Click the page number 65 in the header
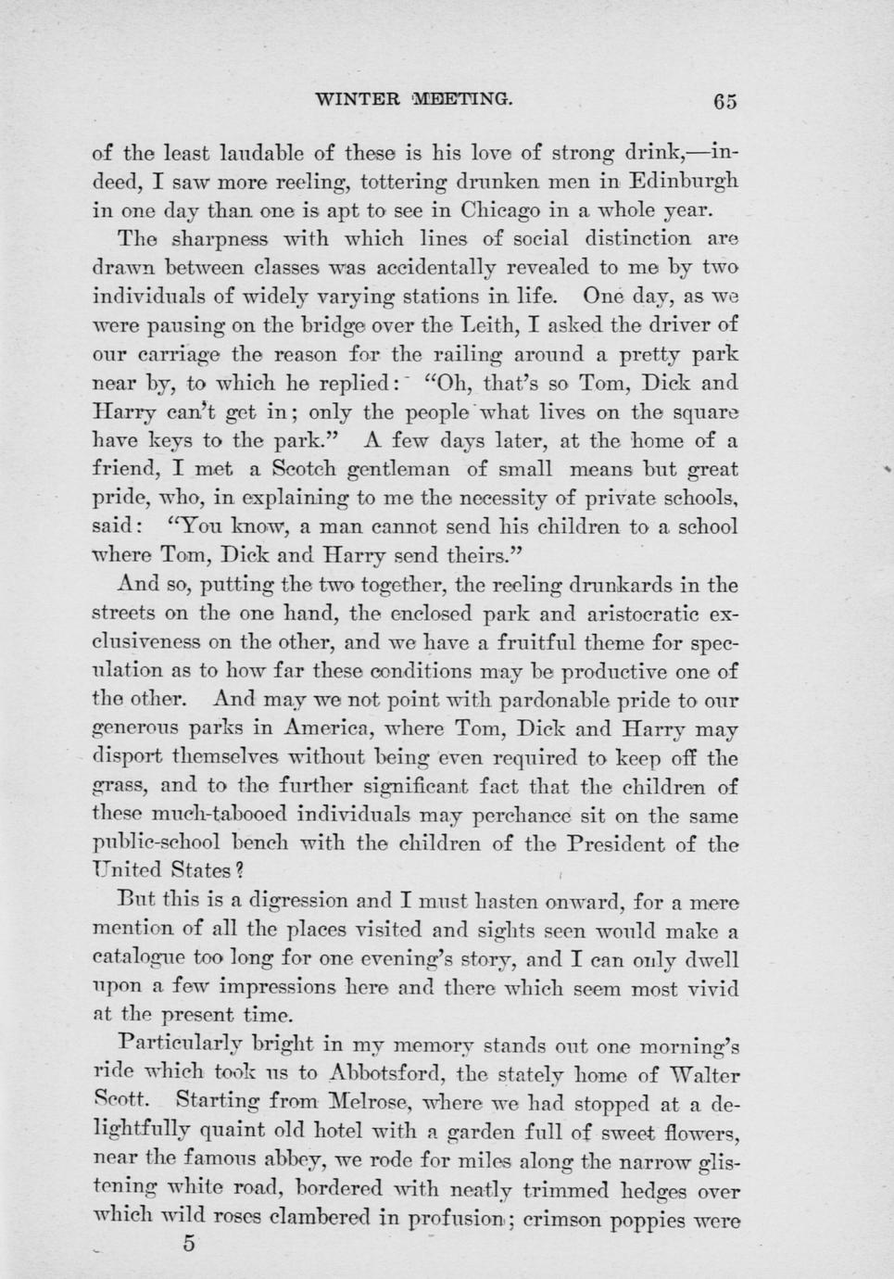724,101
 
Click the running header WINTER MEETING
413,98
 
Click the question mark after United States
239,870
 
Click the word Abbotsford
389,1073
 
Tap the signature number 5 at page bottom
189,1243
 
